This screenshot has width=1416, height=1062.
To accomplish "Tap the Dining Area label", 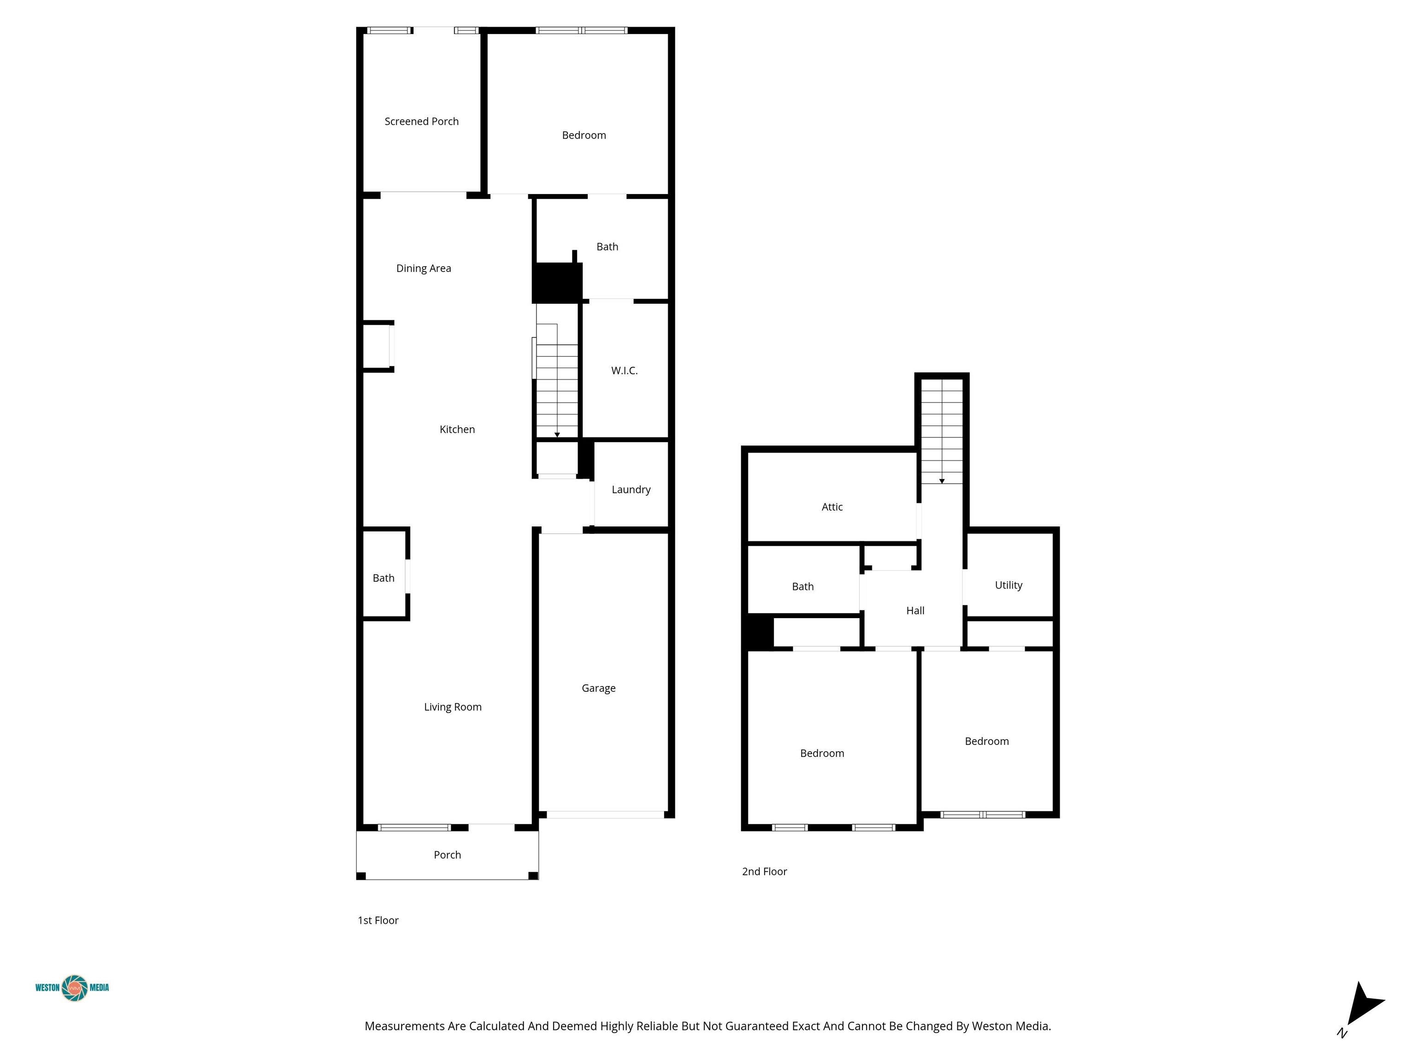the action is pyautogui.click(x=423, y=268).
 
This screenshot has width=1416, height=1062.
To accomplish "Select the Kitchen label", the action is pyautogui.click(x=457, y=430).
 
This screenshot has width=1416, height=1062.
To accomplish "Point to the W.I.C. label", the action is pyautogui.click(x=624, y=371).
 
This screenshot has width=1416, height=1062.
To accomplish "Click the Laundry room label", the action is pyautogui.click(x=631, y=490).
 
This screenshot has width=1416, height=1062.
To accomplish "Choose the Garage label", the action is pyautogui.click(x=599, y=688).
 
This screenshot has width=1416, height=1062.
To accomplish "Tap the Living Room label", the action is pyautogui.click(x=453, y=707).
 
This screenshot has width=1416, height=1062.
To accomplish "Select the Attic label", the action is pyautogui.click(x=832, y=507).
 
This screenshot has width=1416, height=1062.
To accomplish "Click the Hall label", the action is pyautogui.click(x=915, y=611).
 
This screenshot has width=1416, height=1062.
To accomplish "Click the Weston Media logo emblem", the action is pyautogui.click(x=75, y=988).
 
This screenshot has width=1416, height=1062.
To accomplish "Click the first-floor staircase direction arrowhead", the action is pyautogui.click(x=557, y=435).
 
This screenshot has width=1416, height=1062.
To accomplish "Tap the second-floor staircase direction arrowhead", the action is pyautogui.click(x=942, y=481).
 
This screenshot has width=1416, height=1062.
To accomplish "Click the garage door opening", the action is pyautogui.click(x=605, y=815).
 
